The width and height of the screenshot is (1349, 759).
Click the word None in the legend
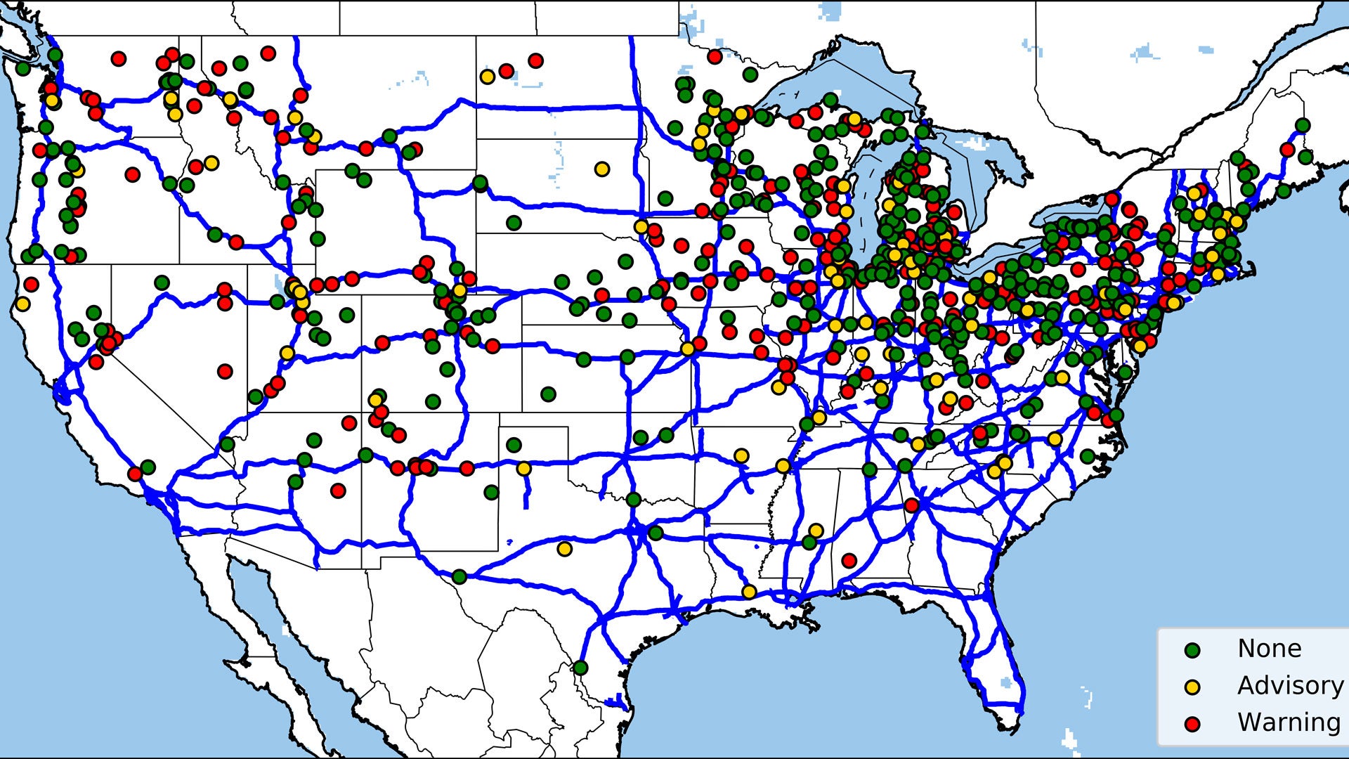coord(1269,648)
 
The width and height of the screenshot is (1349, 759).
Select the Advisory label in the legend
coord(1290,685)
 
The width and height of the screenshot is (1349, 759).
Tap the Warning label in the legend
coord(1289,722)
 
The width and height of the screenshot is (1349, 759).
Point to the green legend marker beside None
coord(1192,650)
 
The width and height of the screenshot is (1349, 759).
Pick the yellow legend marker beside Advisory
coord(1192,687)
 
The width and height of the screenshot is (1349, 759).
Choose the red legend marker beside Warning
coord(1192,725)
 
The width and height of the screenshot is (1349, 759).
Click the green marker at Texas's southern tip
coord(580,667)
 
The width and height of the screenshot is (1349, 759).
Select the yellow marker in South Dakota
coord(601,169)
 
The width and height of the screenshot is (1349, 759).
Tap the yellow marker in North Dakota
coord(487,76)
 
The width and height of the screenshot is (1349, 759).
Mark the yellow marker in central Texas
coord(564,548)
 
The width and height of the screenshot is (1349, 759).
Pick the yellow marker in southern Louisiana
coord(750,592)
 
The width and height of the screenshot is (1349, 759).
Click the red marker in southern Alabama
coord(849,560)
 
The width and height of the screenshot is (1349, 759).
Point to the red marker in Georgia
coord(911,505)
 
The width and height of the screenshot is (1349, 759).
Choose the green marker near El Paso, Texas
coord(459,577)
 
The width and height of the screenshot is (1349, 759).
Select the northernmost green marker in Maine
coord(1303,125)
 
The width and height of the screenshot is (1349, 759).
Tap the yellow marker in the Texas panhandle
coord(523,468)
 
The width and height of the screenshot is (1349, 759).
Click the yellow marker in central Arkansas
coord(741,455)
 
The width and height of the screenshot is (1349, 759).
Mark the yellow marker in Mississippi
coord(815,530)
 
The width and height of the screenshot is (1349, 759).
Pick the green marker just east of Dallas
coord(656,533)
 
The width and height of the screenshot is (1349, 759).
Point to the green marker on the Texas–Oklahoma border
coord(633,499)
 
